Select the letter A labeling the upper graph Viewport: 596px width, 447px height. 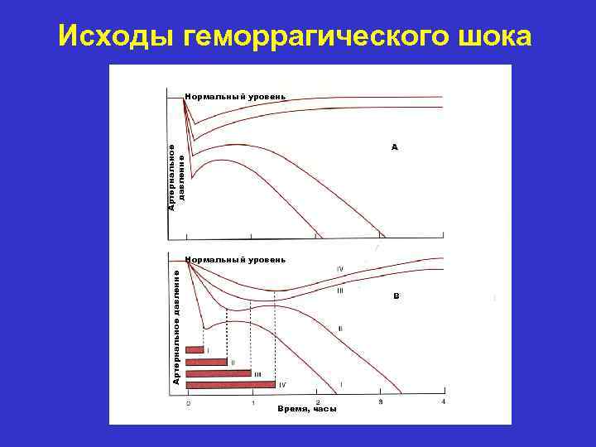395,147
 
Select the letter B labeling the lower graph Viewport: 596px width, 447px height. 396,296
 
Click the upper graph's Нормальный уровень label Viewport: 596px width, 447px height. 236,96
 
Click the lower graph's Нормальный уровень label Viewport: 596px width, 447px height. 236,259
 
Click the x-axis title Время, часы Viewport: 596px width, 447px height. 307,409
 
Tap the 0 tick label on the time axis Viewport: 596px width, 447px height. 188,403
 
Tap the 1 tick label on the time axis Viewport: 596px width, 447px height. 253,403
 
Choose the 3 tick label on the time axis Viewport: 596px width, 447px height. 381,402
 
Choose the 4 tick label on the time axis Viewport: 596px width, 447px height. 445,402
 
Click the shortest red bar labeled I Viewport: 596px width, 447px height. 195,350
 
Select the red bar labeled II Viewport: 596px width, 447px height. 207,362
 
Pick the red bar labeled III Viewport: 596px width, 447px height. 219,373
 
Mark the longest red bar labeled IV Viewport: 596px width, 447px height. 231,384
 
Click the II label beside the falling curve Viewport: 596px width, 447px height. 341,329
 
